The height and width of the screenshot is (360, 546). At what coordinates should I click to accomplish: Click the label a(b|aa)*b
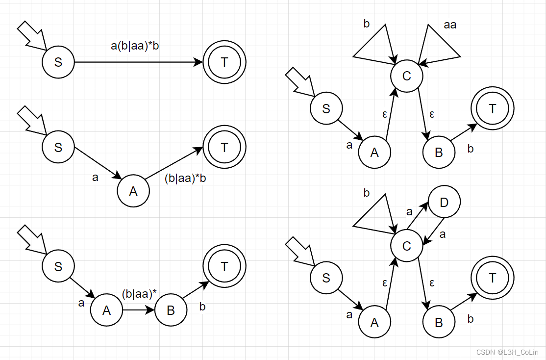point(135,47)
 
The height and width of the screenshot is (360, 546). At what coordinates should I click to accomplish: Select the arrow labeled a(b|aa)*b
point(137,62)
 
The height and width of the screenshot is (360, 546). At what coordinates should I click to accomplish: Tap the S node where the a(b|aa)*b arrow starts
point(58,62)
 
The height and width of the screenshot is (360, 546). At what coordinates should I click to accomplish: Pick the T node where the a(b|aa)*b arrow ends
point(224,62)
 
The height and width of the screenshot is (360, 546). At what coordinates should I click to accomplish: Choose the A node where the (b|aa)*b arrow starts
point(133,191)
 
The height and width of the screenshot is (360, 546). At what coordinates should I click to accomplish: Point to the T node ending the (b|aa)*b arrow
point(224,147)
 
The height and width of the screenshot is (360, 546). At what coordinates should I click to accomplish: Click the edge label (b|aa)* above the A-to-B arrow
point(139,294)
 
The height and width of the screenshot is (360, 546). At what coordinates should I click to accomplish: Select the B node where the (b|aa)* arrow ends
point(171,310)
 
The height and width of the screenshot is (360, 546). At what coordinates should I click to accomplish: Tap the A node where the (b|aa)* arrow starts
point(106,310)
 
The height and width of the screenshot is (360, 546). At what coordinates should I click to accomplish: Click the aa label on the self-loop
point(450,25)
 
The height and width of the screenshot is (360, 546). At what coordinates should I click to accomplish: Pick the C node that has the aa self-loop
point(406,76)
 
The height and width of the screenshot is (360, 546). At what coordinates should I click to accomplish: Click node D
point(444,203)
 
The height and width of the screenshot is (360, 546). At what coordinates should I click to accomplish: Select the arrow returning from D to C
point(436,230)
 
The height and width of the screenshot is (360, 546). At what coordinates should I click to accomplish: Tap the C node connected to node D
point(406,246)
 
